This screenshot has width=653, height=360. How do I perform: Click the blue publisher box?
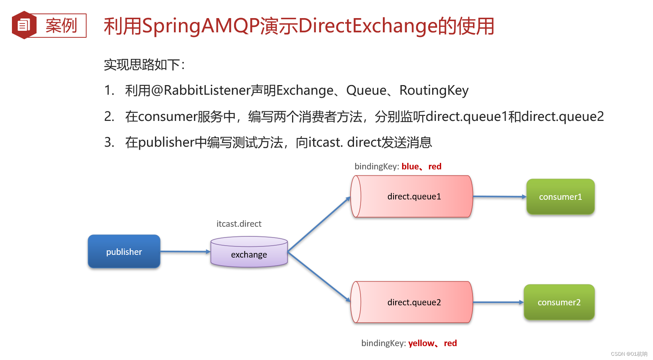124,251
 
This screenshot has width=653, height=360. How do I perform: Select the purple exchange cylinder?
249,252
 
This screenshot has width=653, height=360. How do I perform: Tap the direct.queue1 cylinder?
411,196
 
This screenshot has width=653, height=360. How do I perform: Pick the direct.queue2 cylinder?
411,302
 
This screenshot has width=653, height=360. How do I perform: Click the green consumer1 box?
560,197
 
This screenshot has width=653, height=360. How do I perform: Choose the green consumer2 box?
559,302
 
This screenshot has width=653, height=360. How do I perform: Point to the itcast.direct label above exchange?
239,224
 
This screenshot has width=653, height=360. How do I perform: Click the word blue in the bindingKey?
410,166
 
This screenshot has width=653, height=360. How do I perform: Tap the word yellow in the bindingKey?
421,343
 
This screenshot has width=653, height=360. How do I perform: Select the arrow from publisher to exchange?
185,251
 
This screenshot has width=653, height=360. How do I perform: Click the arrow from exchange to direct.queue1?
319,224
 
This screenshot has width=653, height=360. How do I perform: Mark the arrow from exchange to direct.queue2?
319,277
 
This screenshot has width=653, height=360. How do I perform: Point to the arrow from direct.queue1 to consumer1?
499,197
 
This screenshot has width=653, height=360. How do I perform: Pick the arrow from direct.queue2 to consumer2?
498,302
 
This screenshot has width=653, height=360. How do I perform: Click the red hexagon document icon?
24,25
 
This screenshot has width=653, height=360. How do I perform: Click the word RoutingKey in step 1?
434,90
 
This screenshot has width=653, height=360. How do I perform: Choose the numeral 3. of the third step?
109,142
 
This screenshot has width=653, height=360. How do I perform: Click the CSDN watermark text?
629,354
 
